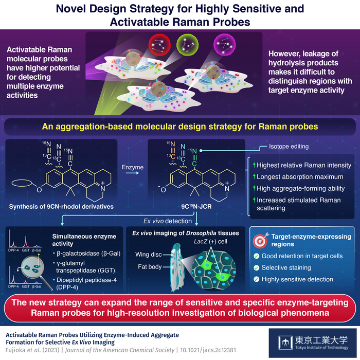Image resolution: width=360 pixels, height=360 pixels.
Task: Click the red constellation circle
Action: (159, 44)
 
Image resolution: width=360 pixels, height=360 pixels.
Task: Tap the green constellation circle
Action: (187, 44)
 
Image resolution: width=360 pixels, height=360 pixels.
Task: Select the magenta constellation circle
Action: (225, 44)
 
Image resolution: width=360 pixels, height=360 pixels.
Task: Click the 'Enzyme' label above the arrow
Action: (133, 167)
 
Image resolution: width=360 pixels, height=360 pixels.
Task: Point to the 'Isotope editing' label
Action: (289, 147)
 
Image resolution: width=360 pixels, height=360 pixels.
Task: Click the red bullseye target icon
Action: (260, 240)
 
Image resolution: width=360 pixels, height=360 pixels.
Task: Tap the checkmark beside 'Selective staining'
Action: (257, 268)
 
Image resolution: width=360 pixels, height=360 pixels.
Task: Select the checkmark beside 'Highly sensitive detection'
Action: (257, 279)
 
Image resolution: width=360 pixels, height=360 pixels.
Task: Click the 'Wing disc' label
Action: (149, 255)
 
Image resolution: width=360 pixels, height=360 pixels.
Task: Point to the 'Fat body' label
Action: (150, 267)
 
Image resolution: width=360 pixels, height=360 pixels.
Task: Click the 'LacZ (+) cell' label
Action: (210, 242)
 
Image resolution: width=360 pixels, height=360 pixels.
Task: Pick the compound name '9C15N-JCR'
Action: (196, 206)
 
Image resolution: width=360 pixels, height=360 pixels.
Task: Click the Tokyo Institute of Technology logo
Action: (313, 343)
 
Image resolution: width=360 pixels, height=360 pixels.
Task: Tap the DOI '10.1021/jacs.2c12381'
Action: (208, 350)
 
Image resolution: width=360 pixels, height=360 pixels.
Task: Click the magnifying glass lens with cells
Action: (32, 268)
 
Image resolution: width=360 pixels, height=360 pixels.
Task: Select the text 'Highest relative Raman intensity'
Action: (304, 165)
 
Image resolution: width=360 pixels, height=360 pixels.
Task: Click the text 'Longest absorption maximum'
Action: (300, 177)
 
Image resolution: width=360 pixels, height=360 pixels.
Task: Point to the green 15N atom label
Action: (193, 151)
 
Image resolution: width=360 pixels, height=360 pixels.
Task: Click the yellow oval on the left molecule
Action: (22, 183)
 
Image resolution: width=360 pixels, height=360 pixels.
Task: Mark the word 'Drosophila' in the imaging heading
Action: (201, 233)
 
